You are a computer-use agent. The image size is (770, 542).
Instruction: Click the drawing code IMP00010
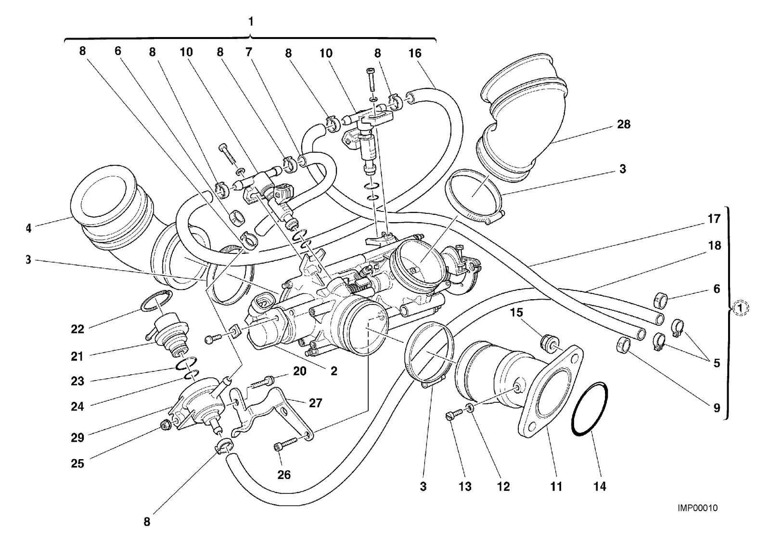(697, 508)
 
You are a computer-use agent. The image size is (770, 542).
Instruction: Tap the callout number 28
(624, 124)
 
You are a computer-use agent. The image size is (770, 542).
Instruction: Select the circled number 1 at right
(740, 308)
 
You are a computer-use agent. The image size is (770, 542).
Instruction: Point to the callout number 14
(600, 486)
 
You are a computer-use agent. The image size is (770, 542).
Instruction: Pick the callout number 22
(77, 329)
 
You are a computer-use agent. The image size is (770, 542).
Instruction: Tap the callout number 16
(414, 53)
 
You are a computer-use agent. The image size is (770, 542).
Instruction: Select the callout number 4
(28, 228)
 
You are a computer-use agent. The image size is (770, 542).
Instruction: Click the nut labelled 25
(167, 426)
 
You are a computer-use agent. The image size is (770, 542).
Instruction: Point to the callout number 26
(284, 475)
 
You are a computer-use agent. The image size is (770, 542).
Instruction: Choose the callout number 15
(516, 313)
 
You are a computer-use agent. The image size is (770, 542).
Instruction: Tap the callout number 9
(717, 408)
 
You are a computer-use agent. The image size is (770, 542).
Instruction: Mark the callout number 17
(714, 219)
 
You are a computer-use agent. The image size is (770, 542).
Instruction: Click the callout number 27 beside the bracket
(315, 403)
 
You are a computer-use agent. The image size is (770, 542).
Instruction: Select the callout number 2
(334, 371)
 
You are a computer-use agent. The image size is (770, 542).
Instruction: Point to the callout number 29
(77, 437)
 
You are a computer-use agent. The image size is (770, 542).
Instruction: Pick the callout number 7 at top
(248, 53)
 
